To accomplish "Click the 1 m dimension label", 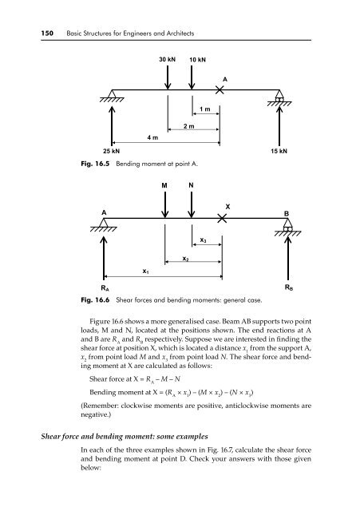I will click(205, 109).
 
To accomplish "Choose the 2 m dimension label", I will click(188, 126).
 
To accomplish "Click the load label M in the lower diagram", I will click(164, 185).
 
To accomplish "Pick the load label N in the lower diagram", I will click(192, 185).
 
